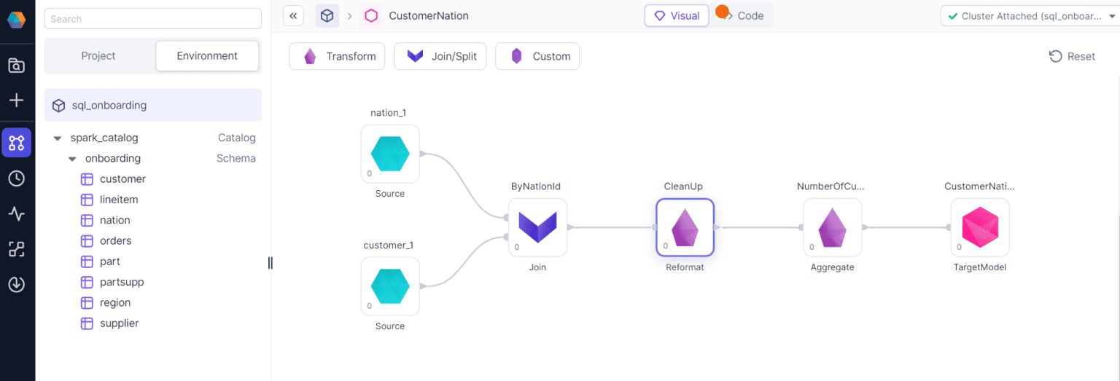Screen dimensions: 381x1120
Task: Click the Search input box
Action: [152, 19]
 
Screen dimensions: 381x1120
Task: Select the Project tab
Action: [98, 56]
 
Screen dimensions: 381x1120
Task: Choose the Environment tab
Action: [207, 56]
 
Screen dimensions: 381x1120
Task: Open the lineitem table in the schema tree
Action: [119, 200]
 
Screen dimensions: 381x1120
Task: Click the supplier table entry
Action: [119, 323]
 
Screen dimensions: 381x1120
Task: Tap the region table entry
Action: [115, 302]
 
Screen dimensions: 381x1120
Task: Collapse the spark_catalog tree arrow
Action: [58, 138]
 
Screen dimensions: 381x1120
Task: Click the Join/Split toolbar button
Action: [440, 56]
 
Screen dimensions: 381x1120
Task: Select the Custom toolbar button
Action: [537, 56]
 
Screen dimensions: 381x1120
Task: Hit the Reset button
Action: [1072, 56]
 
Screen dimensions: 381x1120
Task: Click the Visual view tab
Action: [677, 15]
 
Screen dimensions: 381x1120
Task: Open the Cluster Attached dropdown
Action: [1029, 15]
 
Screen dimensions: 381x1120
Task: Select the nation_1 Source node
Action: [390, 154]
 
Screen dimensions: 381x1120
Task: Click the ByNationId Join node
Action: [537, 227]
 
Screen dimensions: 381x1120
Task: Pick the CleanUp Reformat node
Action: [685, 227]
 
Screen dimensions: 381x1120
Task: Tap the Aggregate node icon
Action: [832, 227]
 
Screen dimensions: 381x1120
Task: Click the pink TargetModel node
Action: [979, 227]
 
